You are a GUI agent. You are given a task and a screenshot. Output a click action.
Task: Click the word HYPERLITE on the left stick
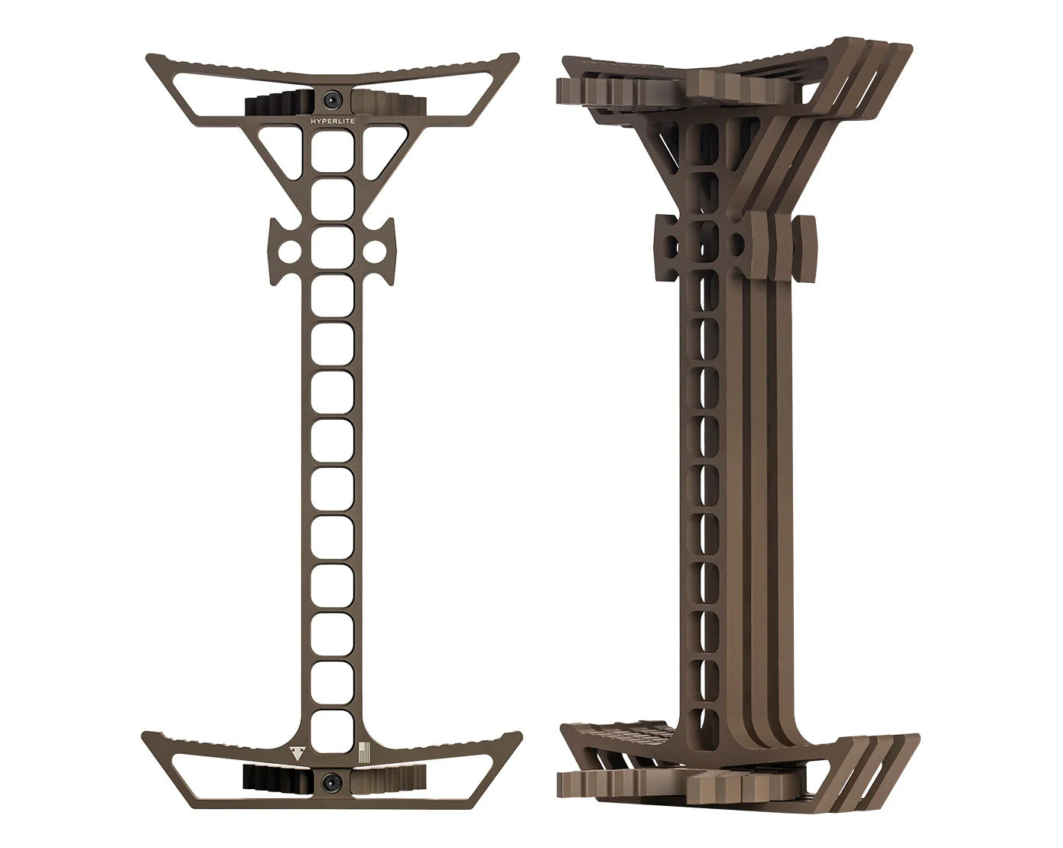pos(333,121)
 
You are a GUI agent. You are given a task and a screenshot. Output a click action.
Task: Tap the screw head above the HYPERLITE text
pos(333,99)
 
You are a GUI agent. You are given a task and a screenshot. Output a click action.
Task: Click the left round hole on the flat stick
pos(289,250)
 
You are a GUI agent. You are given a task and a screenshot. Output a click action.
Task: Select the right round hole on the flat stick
pos(376,250)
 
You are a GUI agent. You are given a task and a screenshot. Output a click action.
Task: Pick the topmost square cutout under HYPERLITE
pos(333,147)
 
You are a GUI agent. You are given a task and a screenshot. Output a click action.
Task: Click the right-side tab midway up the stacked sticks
pos(806,245)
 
